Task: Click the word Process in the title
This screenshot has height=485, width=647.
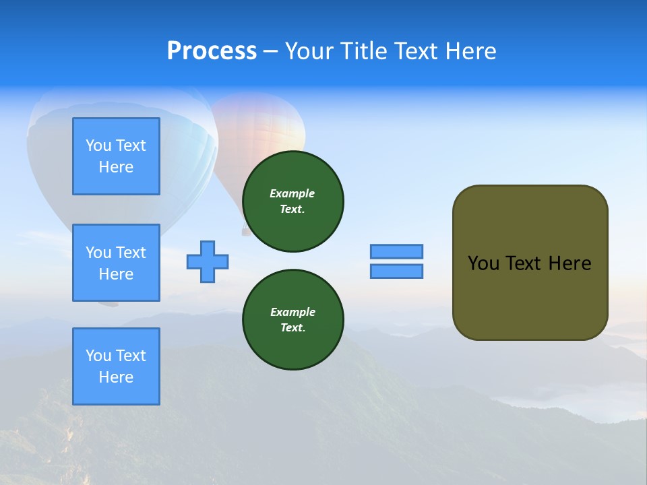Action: click(212, 51)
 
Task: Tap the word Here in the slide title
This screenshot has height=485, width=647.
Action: click(470, 51)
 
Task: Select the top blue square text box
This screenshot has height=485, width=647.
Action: click(116, 156)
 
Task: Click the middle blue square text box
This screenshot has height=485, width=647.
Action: click(116, 263)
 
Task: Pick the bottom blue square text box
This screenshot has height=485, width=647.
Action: click(116, 366)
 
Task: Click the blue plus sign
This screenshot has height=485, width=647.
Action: click(208, 261)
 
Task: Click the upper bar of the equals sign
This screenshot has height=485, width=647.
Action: click(396, 251)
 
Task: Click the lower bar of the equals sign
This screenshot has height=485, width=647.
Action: click(396, 271)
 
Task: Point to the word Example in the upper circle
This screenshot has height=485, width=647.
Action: click(292, 193)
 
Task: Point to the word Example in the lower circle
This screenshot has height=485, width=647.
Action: click(292, 312)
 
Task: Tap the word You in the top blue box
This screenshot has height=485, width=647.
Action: click(98, 145)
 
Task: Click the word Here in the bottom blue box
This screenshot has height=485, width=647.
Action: click(116, 377)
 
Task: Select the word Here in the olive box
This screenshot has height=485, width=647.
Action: click(569, 263)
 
